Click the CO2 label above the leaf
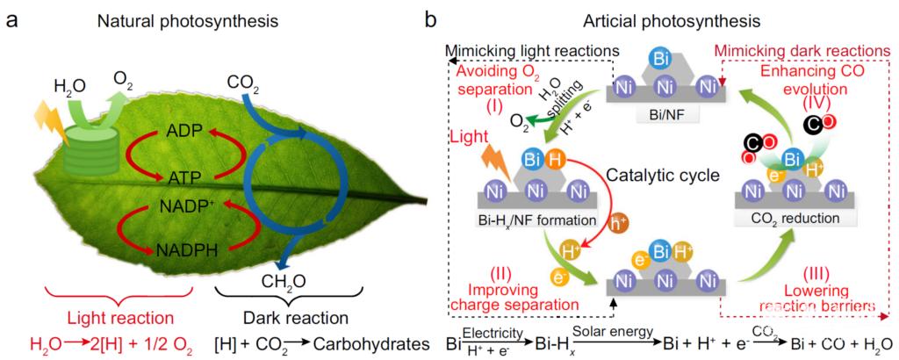243,85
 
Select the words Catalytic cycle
658,175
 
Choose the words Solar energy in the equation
613,329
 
